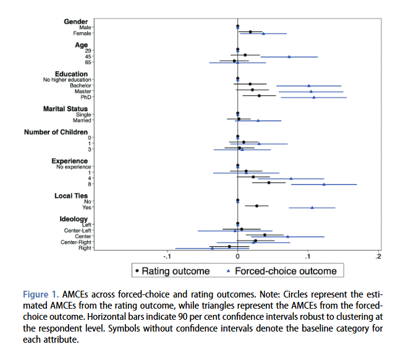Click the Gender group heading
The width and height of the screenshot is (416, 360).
coord(76,22)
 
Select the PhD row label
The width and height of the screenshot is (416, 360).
coord(86,97)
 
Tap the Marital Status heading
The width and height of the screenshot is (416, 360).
coord(67,109)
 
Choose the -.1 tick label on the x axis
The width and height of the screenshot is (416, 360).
coord(166,256)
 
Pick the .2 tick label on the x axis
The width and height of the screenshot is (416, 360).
coord(378,256)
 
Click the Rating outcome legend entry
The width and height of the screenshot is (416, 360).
coord(172,271)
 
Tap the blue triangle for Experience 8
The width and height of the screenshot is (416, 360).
coord(324,184)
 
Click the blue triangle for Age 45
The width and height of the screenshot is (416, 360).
coord(289,56)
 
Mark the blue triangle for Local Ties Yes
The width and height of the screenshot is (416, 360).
coord(312,207)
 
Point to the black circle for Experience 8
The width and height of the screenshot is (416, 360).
coord(268,182)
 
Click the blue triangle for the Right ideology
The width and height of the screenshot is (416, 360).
coord(212,249)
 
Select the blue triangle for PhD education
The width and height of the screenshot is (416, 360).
coord(313,97)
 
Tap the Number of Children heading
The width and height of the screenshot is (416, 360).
coord(57,132)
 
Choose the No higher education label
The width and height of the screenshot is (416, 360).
coord(67,80)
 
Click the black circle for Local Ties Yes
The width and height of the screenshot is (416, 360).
coord(257,205)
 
